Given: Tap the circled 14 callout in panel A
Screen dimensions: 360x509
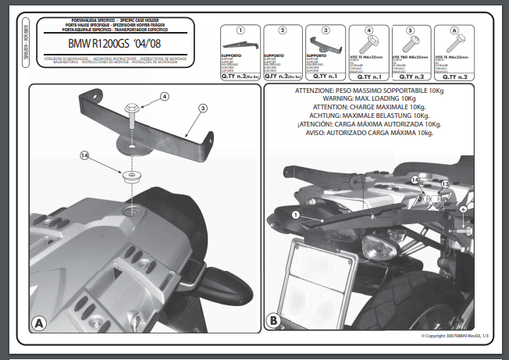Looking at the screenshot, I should coord(85,156).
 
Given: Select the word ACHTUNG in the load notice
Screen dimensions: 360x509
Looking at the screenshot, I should coord(312,116).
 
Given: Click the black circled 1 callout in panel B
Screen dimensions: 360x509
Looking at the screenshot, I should coord(294,213).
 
